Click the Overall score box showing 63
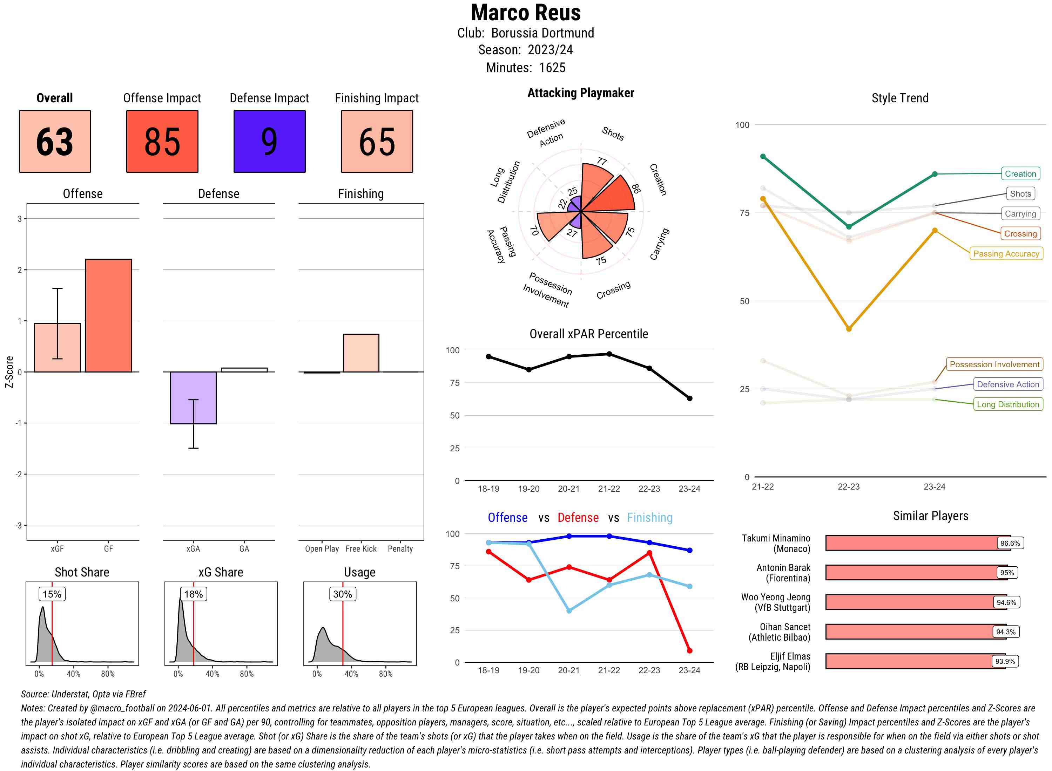55,142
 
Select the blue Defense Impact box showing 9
269,142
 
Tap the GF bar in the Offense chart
108,315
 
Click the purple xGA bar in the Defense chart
193,398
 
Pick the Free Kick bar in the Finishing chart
361,353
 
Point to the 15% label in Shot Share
52,594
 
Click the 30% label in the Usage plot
342,594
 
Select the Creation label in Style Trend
1020,173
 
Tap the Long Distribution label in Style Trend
1008,404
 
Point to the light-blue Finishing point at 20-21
569,610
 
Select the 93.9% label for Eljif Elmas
1005,661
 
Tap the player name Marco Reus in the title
526,13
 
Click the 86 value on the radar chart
636,188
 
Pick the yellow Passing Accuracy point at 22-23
848,329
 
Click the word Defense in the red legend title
578,518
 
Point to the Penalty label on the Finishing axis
400,549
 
